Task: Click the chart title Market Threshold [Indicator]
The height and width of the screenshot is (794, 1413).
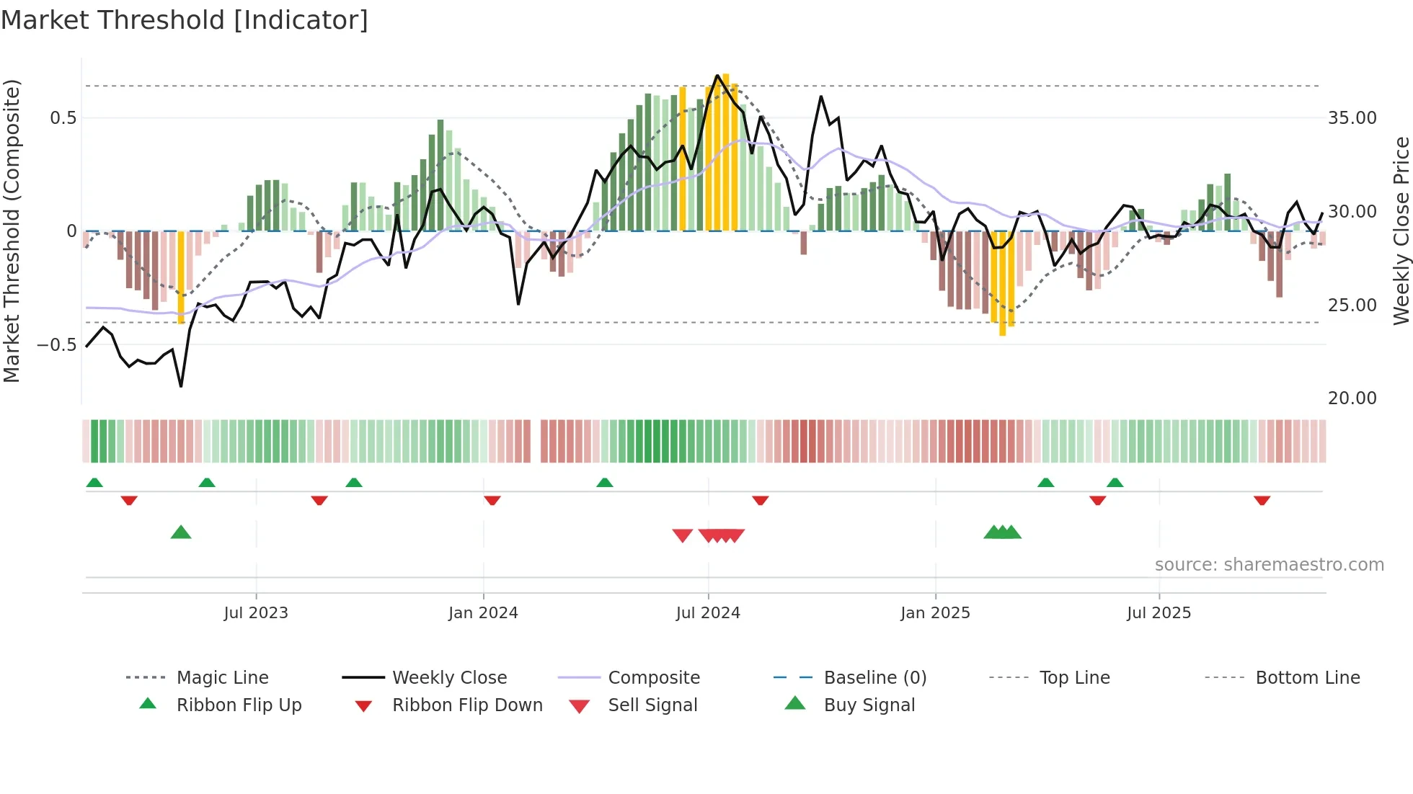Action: pyautogui.click(x=185, y=20)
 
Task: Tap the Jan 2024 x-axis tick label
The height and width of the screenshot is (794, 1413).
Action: pyautogui.click(x=483, y=613)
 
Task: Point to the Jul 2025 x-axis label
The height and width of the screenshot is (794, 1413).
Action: pyautogui.click(x=1159, y=613)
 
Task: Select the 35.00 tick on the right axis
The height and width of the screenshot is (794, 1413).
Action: pyautogui.click(x=1352, y=118)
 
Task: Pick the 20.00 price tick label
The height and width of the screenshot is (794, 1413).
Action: pyautogui.click(x=1352, y=398)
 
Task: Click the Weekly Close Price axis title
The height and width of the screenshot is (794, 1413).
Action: pyautogui.click(x=1401, y=231)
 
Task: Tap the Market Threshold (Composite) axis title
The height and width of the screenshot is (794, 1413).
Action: pyautogui.click(x=12, y=231)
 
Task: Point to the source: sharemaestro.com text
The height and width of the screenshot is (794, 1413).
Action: pyautogui.click(x=1269, y=565)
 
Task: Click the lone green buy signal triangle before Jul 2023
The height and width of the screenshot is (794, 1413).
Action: pyautogui.click(x=181, y=532)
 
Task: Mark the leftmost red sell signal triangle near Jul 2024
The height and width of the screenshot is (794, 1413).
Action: pyautogui.click(x=682, y=535)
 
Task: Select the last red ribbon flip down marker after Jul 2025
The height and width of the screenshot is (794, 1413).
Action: pyautogui.click(x=1262, y=500)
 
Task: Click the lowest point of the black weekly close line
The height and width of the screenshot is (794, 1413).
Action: pyautogui.click(x=181, y=386)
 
